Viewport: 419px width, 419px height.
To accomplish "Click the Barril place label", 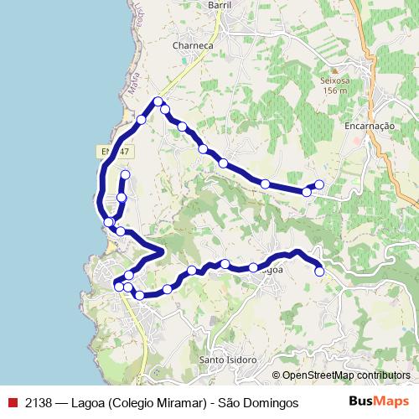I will click(218, 4).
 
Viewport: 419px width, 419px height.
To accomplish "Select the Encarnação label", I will click(369, 126).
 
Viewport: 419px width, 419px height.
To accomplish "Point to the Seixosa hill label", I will click(333, 80).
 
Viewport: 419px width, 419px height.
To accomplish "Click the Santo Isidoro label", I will click(227, 360).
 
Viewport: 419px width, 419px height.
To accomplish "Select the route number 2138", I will click(39, 402).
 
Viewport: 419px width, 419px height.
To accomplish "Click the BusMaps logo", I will click(379, 401).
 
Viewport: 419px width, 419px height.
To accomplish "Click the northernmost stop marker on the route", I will click(158, 102).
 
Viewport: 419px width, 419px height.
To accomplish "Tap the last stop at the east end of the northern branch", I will click(319, 184).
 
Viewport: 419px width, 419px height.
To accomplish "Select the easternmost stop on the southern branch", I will click(319, 271).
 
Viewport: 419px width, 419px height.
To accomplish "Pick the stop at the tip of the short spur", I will click(126, 174).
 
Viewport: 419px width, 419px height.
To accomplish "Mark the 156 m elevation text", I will click(333, 91).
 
